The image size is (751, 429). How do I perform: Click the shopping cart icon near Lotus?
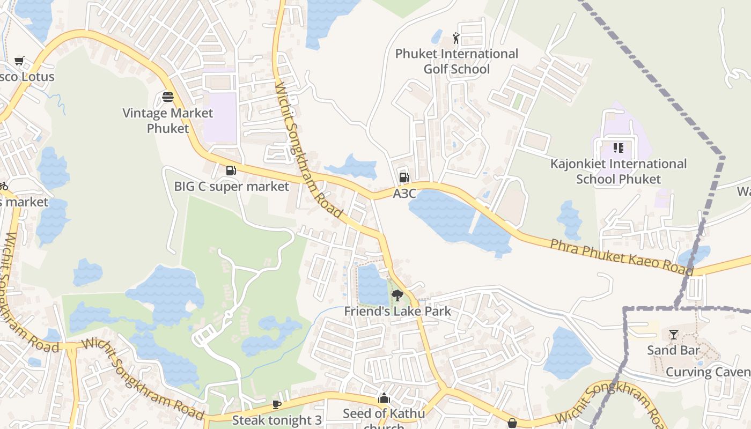19,61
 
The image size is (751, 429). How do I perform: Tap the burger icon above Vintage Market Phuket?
168,97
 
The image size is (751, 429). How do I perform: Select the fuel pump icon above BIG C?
231,171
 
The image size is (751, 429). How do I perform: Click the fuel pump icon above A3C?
404,177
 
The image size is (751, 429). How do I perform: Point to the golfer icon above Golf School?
456,38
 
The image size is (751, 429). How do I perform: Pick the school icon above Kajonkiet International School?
618,148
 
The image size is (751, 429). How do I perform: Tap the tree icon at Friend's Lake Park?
397,295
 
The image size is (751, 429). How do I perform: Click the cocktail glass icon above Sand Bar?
673,335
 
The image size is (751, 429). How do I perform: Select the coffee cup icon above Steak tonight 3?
277,404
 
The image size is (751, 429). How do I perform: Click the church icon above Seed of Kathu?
384,398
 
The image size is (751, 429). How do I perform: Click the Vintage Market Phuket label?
168,121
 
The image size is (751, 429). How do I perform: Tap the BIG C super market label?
232,187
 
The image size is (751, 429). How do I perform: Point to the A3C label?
404,194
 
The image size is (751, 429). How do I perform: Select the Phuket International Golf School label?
457,61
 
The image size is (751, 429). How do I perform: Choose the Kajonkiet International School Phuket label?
619,171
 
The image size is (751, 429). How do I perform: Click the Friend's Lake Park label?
397,311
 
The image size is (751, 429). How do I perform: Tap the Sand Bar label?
673,350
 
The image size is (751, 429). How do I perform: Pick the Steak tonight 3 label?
277,419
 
